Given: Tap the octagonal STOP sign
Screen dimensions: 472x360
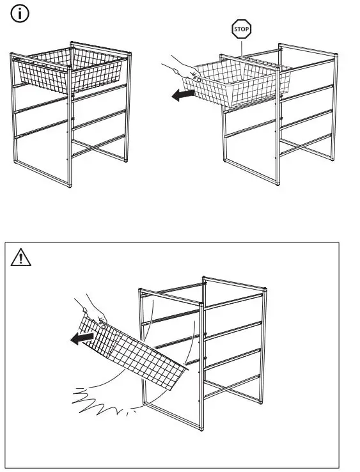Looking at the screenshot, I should click(242, 29).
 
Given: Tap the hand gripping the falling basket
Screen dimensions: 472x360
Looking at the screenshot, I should click(93, 310).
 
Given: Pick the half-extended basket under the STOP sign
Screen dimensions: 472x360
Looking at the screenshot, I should click(240, 83).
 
